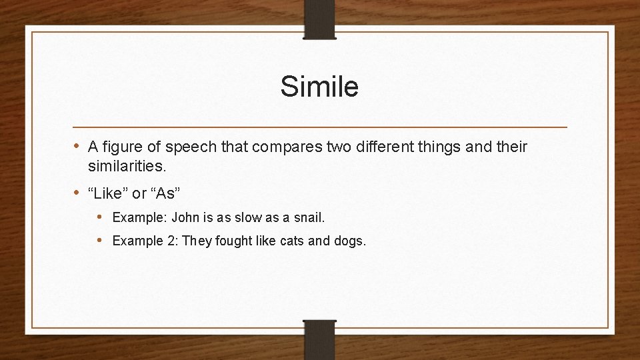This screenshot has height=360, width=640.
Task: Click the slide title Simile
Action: pyautogui.click(x=319, y=87)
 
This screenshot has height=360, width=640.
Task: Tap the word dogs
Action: pyautogui.click(x=348, y=241)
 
